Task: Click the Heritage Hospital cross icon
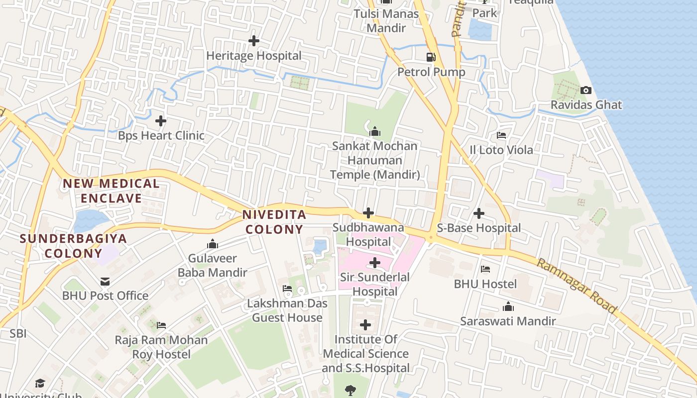254,41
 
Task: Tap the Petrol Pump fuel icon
431,57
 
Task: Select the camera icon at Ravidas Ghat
586,90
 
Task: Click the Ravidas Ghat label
586,105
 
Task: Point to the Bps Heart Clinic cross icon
161,121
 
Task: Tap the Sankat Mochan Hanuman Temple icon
375,131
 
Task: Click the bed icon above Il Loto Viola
501,135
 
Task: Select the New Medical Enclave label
111,191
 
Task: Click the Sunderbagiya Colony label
74,246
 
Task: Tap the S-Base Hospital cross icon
479,213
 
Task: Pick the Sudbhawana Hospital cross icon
368,213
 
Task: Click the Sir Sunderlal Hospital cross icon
375,263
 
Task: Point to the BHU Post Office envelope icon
105,282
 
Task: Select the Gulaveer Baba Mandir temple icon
213,244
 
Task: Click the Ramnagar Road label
577,285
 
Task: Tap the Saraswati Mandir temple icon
508,306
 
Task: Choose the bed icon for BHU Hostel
485,269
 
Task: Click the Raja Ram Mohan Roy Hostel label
161,347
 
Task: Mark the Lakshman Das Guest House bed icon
287,289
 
